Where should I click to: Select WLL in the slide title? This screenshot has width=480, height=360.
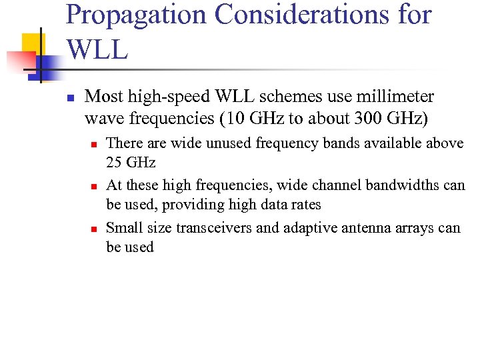coord(97,49)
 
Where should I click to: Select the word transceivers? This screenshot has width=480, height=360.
coord(214,228)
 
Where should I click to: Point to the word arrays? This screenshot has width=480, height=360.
coord(415,228)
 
